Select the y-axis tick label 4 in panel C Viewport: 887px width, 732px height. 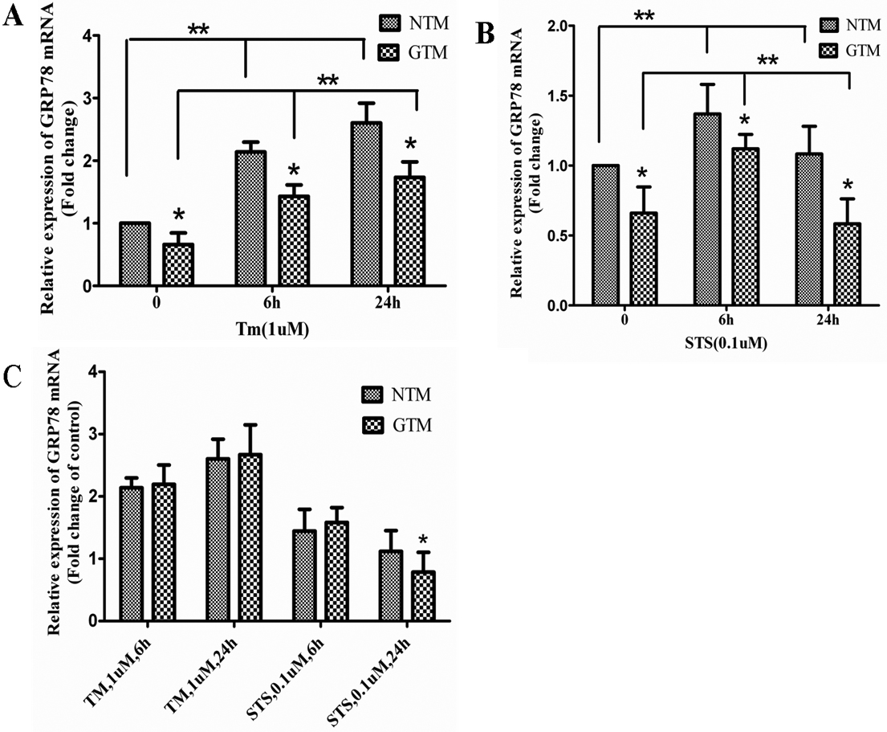95,372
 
